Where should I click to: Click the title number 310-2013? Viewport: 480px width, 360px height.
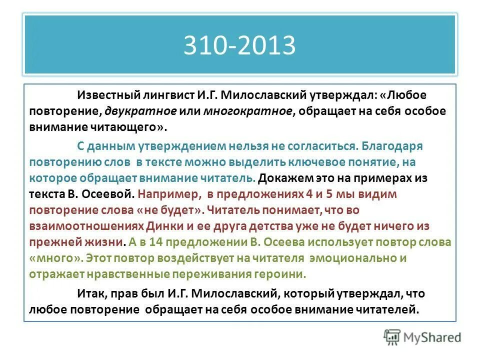click(x=239, y=45)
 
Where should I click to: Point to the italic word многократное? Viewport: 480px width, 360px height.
click(x=248, y=111)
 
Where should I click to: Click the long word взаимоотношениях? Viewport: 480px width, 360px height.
click(x=87, y=226)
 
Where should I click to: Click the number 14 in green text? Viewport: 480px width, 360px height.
click(x=149, y=242)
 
